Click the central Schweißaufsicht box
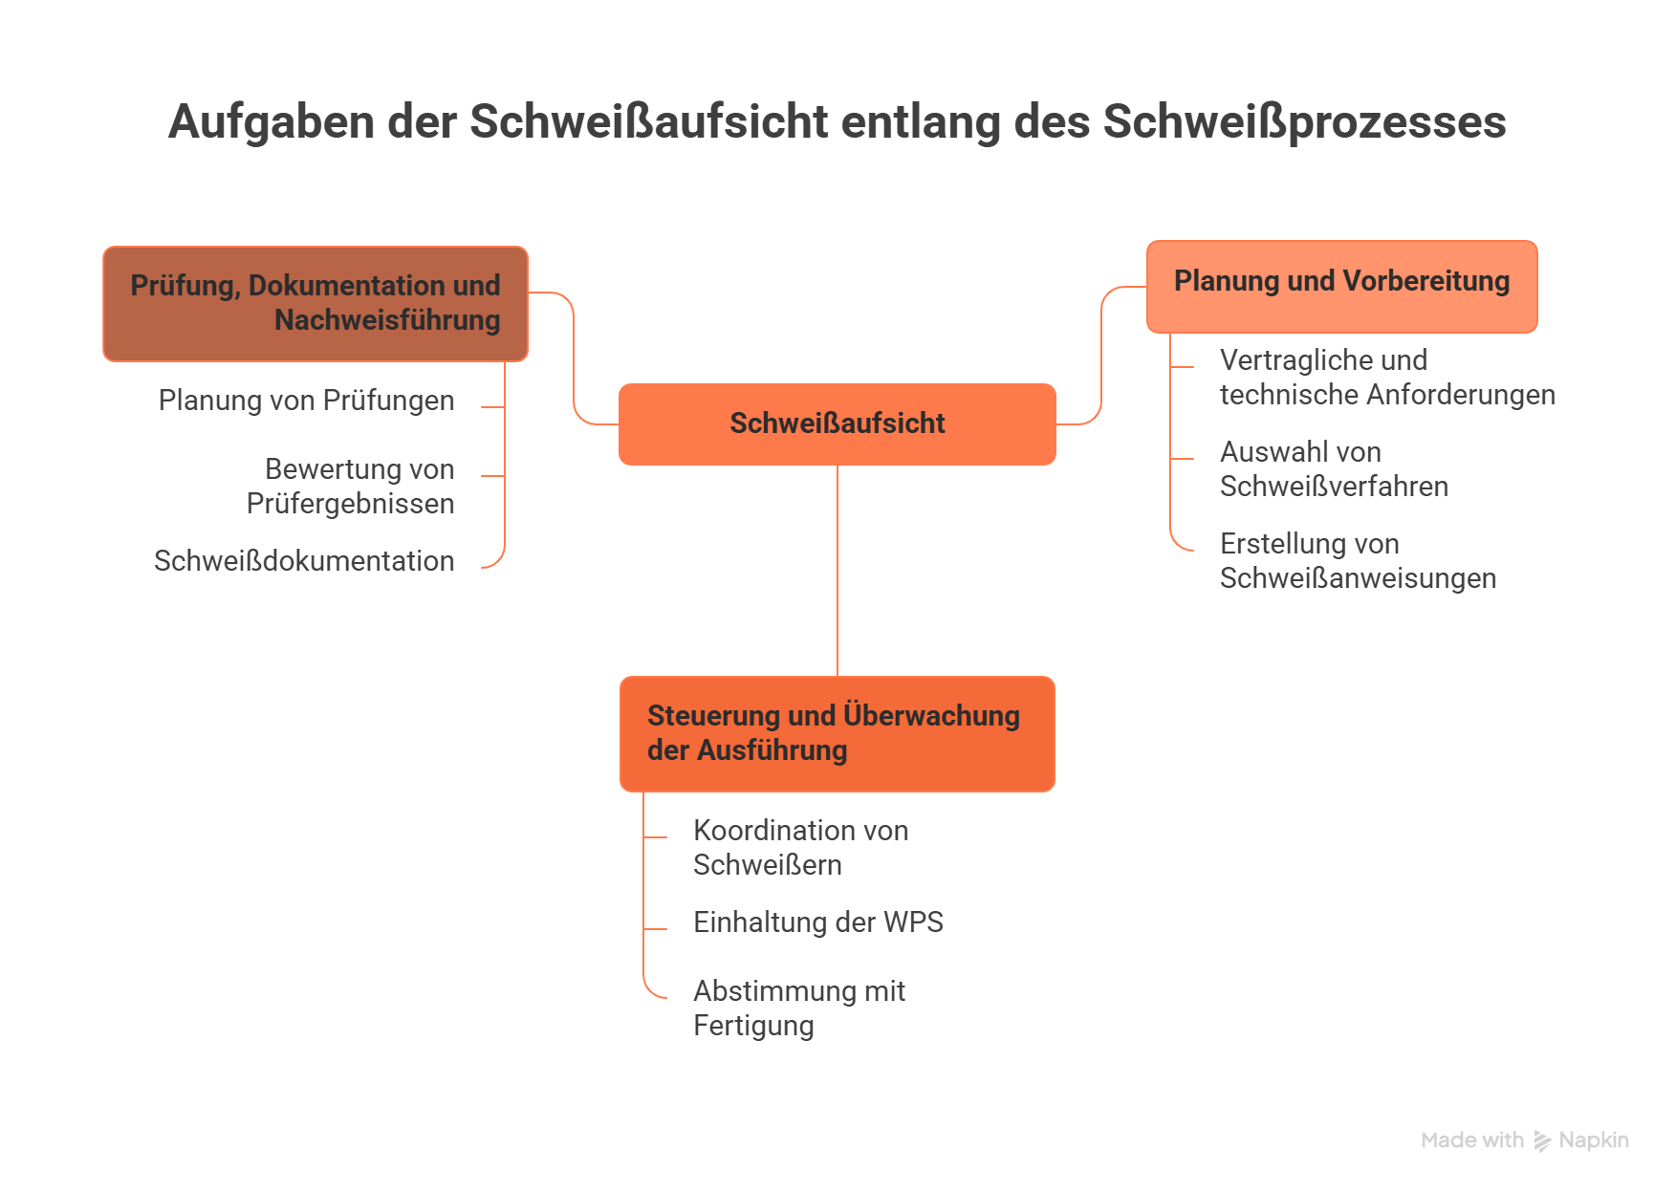[837, 423]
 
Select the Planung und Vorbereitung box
[1341, 286]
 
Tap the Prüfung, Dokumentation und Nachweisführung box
[315, 303]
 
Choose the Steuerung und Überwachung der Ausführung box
[837, 733]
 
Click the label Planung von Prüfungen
[306, 401]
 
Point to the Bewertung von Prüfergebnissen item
[350, 487]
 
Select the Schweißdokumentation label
[304, 561]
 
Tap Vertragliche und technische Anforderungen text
[1386, 378]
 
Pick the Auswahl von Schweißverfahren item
[1334, 469]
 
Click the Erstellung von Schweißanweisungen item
[1358, 561]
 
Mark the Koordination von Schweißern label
[800, 848]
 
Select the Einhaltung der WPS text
[817, 922]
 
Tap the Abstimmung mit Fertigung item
[798, 1009]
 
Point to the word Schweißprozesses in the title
[1304, 122]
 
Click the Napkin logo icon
[1542, 1140]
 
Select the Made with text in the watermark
[1472, 1140]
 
